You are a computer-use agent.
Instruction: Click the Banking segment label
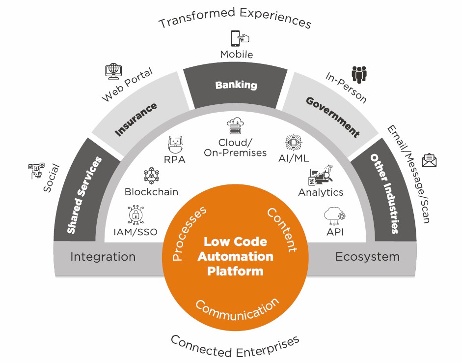(x=236, y=85)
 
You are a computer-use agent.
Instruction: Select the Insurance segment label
(x=136, y=119)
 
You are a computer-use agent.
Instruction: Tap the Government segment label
(x=332, y=117)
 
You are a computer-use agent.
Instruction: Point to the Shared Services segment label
(x=84, y=195)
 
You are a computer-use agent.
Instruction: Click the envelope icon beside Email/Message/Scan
(x=429, y=160)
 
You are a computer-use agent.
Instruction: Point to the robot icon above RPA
(x=176, y=145)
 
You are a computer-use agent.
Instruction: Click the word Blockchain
(x=151, y=192)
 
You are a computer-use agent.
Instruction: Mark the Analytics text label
(x=321, y=192)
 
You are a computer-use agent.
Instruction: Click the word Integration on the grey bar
(x=103, y=256)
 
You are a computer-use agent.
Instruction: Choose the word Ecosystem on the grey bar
(x=367, y=256)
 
